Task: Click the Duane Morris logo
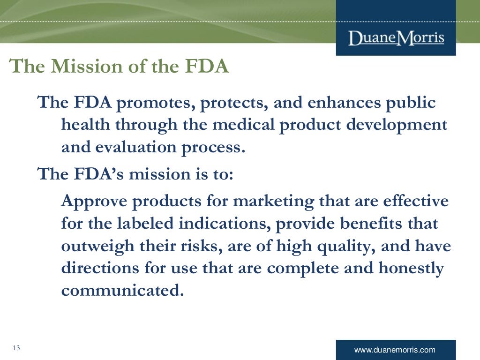point(396,37)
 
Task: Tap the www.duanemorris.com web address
point(395,350)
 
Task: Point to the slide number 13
point(17,348)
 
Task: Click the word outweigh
point(93,246)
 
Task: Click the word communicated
point(120,291)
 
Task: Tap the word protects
point(232,103)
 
